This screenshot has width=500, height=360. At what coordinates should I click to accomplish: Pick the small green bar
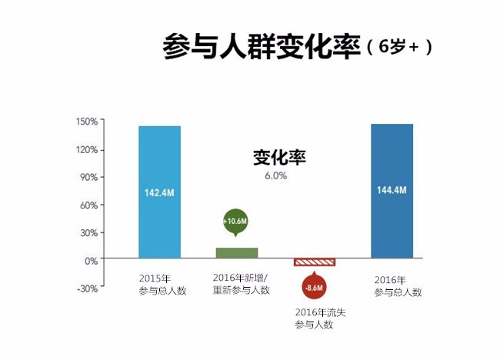click(x=236, y=253)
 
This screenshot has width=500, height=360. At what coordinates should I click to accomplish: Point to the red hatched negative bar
click(x=315, y=262)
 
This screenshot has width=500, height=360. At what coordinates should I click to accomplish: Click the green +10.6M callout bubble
click(x=235, y=222)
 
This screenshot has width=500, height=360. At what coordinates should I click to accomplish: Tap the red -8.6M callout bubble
click(x=315, y=288)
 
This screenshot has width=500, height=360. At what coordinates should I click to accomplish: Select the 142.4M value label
click(x=159, y=192)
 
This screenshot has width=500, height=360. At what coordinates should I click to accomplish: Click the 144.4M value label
click(x=392, y=190)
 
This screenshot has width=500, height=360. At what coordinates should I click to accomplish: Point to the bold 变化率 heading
click(x=280, y=158)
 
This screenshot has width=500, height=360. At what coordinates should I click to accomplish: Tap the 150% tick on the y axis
click(x=86, y=122)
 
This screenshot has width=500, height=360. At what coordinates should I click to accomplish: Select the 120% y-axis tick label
click(x=86, y=149)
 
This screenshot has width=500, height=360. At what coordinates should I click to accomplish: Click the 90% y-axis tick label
click(x=88, y=177)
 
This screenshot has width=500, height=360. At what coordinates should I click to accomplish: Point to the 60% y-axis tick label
click(x=88, y=205)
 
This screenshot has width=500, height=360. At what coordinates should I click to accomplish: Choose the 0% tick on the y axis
click(x=90, y=261)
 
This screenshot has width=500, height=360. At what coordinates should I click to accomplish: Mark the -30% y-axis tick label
click(x=86, y=288)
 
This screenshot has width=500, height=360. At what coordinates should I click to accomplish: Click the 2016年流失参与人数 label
click(x=314, y=319)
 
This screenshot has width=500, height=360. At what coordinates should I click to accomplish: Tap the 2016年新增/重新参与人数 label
click(x=241, y=284)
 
